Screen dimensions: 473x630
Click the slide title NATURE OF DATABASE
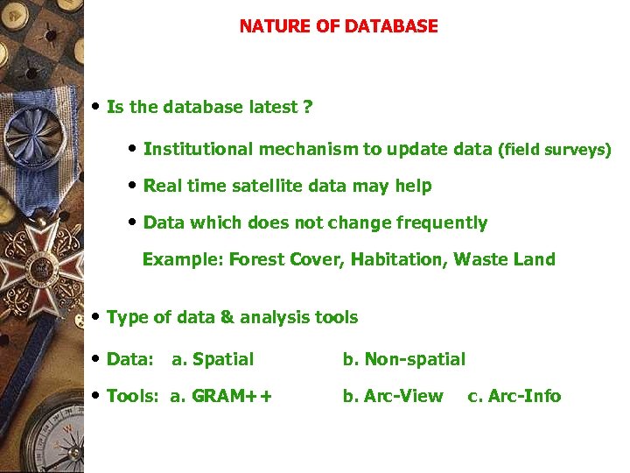[x=339, y=26]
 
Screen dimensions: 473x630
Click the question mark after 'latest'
[x=307, y=108]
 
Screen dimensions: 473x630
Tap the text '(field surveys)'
[x=554, y=150]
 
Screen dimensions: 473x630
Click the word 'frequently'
[x=441, y=222]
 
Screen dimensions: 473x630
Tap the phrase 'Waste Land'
[x=504, y=259]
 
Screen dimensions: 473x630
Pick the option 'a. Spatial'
[x=213, y=359]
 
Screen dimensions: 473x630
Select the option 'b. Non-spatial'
[x=403, y=359]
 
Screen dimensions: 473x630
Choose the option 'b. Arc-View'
[x=393, y=396]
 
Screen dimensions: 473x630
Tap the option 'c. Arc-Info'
[x=514, y=396]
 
